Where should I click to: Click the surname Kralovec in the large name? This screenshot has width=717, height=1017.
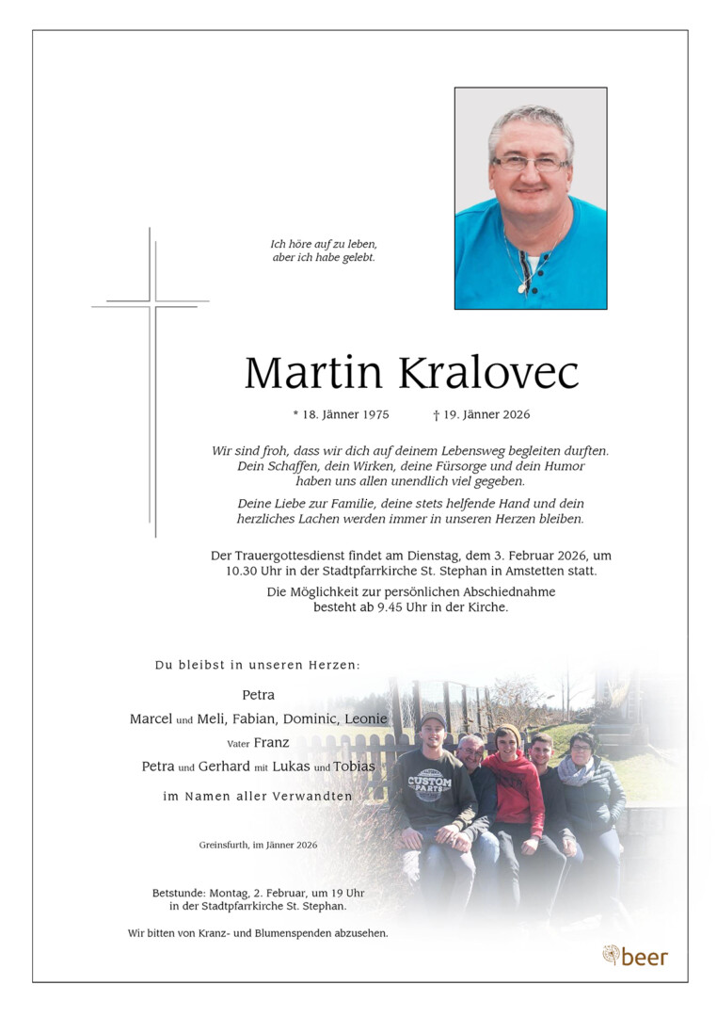coord(488,373)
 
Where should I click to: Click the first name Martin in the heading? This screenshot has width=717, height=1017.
coord(312,373)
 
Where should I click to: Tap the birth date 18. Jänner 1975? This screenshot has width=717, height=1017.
coord(341,414)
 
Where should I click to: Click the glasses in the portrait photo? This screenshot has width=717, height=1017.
coord(530,163)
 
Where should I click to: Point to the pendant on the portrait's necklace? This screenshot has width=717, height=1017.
coord(523,285)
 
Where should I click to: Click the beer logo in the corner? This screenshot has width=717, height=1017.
coord(635,957)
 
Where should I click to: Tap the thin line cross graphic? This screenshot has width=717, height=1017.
coord(151,377)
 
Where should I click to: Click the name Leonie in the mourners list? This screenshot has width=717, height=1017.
coord(366,718)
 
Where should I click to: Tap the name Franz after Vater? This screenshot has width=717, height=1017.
coord(272,742)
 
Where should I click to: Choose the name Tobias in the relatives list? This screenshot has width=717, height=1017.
coord(355,766)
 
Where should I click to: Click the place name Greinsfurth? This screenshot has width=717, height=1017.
coord(225,845)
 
